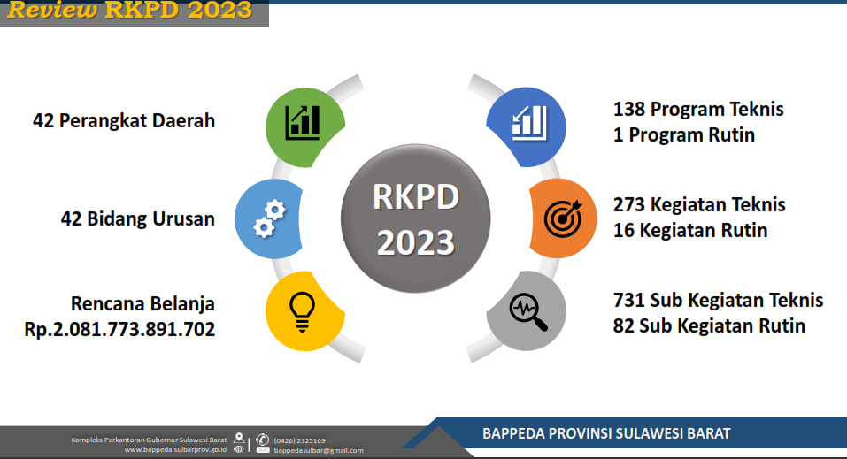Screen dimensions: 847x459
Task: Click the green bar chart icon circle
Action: click(305, 127)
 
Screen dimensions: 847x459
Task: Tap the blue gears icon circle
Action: click(268, 218)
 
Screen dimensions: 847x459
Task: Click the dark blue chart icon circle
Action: click(527, 126)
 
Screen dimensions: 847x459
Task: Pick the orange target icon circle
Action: click(563, 218)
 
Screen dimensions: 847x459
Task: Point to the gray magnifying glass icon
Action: click(527, 311)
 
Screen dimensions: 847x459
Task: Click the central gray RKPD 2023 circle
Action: click(415, 218)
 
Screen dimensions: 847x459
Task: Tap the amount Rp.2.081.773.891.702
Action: click(119, 329)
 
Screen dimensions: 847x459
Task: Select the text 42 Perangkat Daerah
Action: click(124, 120)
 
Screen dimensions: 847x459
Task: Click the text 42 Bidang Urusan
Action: click(138, 218)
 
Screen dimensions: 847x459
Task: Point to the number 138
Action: click(628, 109)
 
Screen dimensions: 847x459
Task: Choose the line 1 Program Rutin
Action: click(684, 135)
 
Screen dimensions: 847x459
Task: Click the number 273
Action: click(628, 204)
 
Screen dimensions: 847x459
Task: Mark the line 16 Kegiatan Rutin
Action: click(690, 231)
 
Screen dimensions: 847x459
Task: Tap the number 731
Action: click(628, 300)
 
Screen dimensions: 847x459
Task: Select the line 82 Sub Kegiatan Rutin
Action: click(709, 326)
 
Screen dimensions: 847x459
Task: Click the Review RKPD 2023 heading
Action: click(129, 10)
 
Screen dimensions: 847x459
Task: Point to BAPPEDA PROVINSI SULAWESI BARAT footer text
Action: click(606, 433)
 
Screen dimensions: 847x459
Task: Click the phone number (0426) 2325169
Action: click(299, 440)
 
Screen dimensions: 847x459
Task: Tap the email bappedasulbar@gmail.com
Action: click(318, 450)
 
